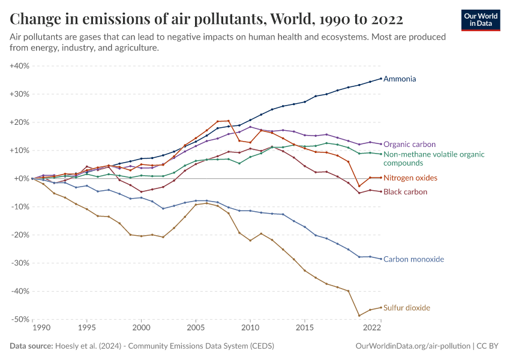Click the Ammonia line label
[x=399, y=79]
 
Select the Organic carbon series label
[x=409, y=145]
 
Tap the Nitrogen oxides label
[x=410, y=178]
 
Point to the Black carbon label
[x=405, y=192]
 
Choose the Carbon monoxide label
[x=413, y=259]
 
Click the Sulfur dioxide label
[x=406, y=308]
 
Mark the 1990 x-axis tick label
[x=41, y=328]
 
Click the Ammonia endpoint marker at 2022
[x=381, y=78]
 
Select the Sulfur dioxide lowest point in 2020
[x=359, y=316]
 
